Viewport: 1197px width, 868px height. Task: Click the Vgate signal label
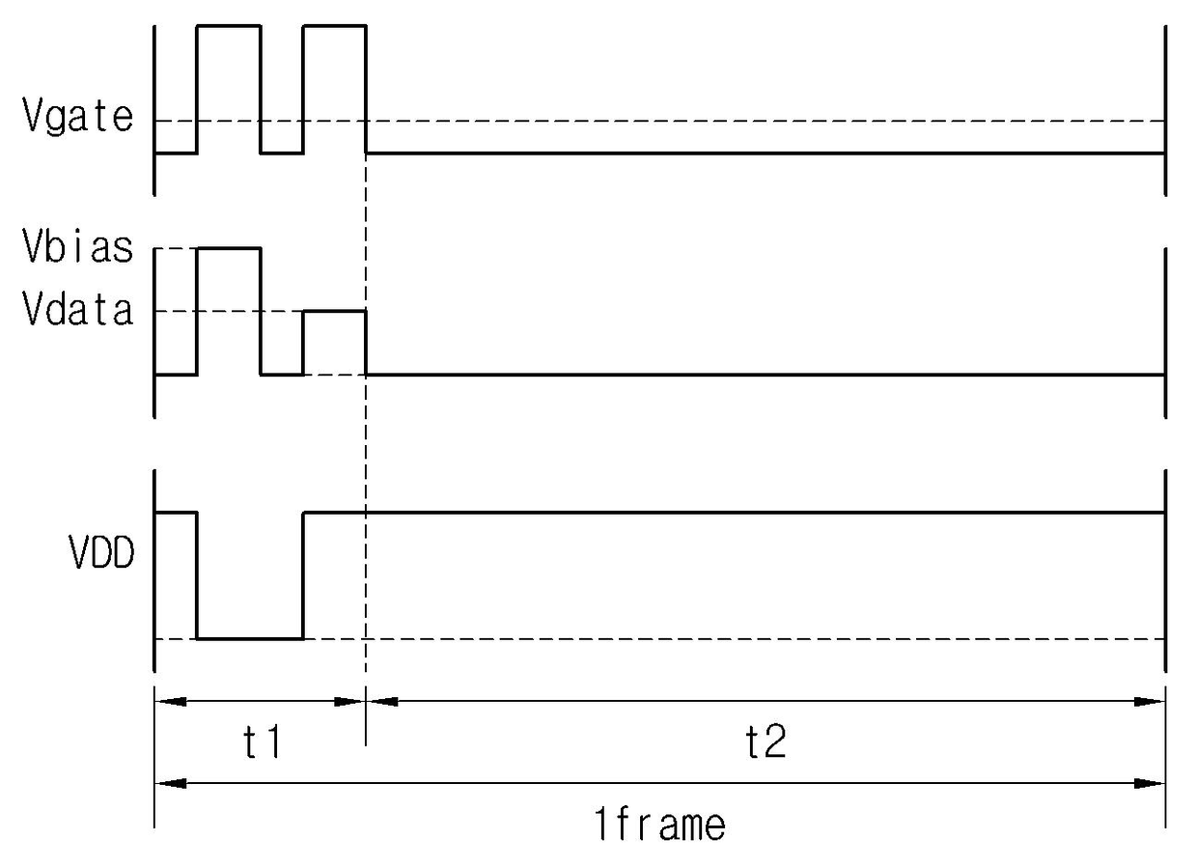click(78, 116)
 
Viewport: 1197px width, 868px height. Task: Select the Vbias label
click(78, 246)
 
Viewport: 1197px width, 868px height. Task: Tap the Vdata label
click(78, 309)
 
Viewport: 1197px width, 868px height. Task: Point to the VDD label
click(101, 552)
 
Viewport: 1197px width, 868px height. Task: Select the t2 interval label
click(766, 742)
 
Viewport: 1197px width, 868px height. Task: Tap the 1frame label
click(660, 825)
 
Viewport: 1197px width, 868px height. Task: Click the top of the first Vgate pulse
click(229, 25)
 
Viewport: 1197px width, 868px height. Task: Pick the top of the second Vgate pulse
click(335, 25)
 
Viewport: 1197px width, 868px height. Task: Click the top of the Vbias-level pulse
click(229, 248)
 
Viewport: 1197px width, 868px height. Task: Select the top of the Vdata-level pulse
click(335, 311)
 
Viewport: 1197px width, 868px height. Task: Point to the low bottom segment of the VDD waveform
click(250, 639)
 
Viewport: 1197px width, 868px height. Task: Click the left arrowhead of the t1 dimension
click(171, 701)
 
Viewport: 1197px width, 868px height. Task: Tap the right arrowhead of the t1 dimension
click(349, 701)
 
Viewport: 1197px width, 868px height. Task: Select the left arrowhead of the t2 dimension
click(382, 701)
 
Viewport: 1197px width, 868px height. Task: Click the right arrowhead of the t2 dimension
click(1149, 701)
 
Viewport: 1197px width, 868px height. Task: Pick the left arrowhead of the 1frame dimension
click(171, 784)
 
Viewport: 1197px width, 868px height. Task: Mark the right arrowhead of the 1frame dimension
click(1149, 784)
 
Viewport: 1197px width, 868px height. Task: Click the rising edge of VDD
click(303, 575)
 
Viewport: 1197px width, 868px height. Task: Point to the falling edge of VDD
click(197, 575)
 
